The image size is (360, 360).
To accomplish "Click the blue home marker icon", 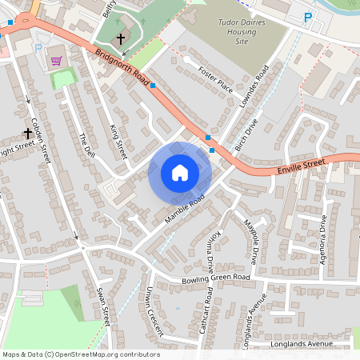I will pos(180,173).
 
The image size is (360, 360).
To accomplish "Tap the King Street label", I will pos(117,139).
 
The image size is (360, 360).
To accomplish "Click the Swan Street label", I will pos(102,305).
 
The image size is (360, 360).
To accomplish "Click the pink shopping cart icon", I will pos(56,61).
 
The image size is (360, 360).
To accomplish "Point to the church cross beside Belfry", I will pos(122,38).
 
